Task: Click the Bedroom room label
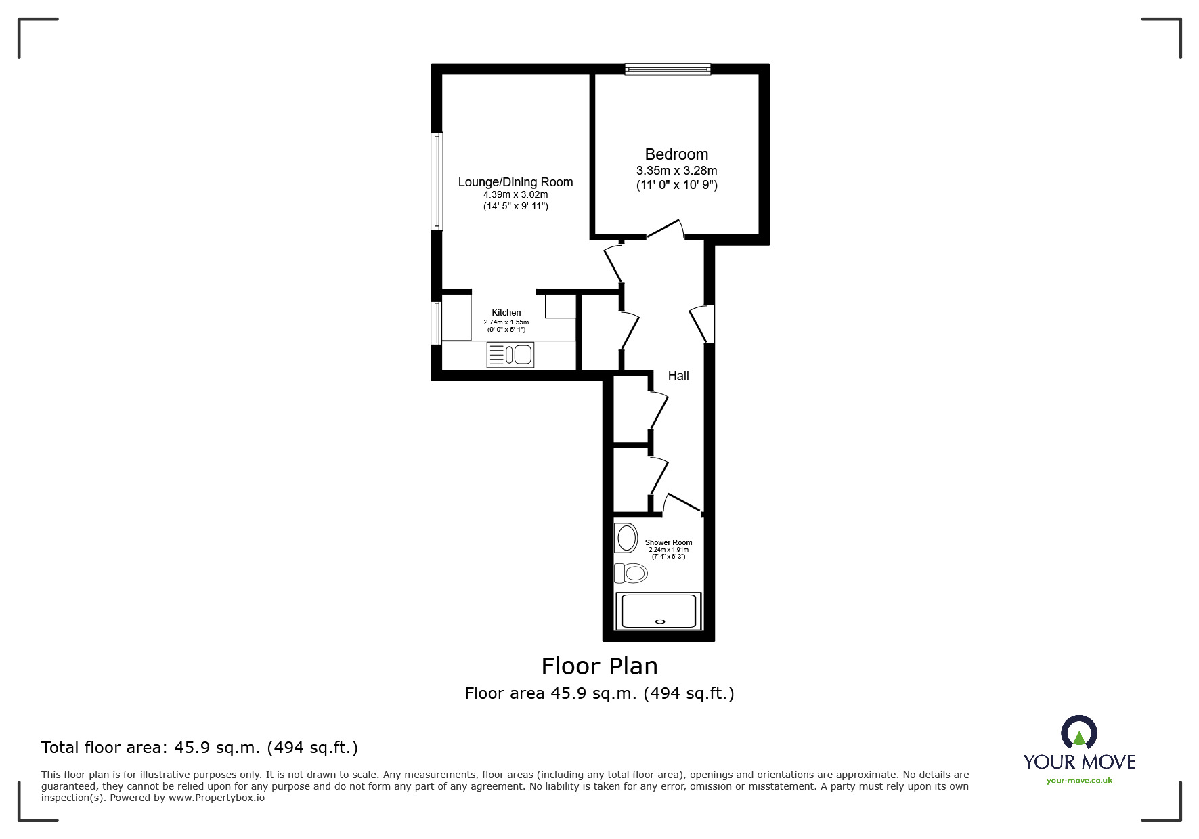pos(676,155)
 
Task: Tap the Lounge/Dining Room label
pos(515,182)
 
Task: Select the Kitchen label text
pos(506,313)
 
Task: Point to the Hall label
pos(678,376)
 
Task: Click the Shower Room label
pos(668,542)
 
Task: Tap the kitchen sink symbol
pos(510,355)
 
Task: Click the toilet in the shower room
pos(630,574)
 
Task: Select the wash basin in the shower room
pos(626,538)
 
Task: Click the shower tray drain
pos(661,620)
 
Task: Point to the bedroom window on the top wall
pos(668,68)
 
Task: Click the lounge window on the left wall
pos(437,181)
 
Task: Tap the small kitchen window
pos(437,323)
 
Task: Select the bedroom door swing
pos(666,229)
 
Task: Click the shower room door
pos(683,502)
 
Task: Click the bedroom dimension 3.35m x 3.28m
pos(676,171)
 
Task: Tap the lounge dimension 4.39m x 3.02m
pos(515,195)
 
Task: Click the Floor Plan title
pos(600,666)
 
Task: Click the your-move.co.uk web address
pos(1079,781)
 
